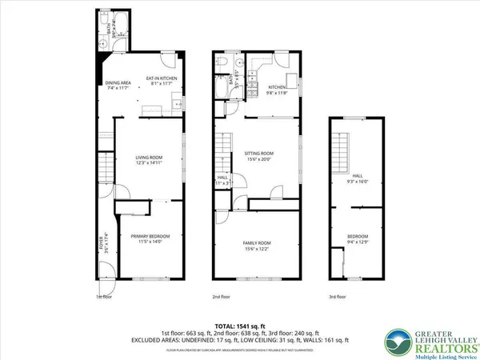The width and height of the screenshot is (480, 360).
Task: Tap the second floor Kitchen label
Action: (x=277, y=88)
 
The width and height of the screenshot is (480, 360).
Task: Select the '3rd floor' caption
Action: (x=338, y=297)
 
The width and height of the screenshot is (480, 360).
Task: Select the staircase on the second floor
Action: (x=222, y=152)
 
